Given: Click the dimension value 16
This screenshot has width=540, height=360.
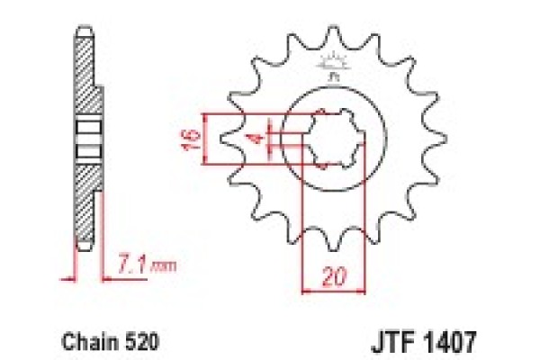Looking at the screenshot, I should click(x=185, y=139).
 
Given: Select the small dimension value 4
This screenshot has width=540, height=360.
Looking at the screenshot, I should click(x=256, y=139).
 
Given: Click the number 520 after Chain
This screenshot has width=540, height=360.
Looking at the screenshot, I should click(x=127, y=342).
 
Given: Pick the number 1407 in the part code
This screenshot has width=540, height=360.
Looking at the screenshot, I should click(x=446, y=342).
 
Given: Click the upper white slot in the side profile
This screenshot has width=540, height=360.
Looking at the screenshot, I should click(x=86, y=127).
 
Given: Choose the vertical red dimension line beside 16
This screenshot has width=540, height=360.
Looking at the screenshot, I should click(x=206, y=139).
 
